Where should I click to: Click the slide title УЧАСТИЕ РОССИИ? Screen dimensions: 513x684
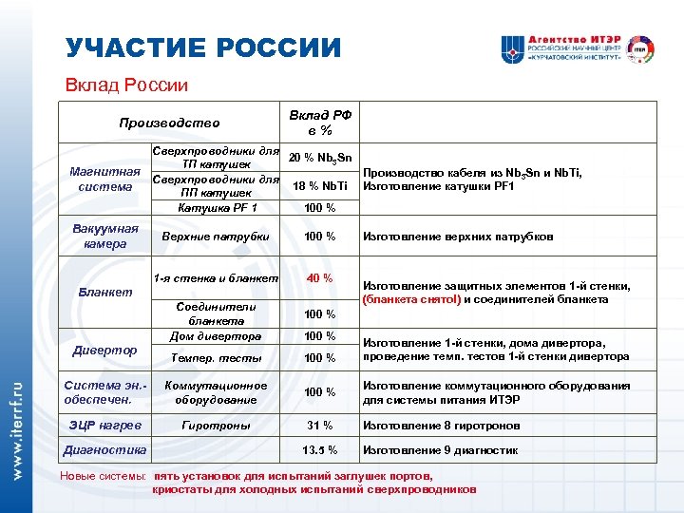(202, 47)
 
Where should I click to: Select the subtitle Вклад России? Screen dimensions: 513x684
(126, 85)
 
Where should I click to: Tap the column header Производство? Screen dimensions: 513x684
(169, 123)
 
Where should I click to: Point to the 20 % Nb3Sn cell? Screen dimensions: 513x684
(321, 157)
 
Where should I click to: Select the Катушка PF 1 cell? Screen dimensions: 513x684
(217, 208)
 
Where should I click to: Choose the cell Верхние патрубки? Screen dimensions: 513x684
(217, 236)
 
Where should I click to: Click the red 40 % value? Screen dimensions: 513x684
(319, 278)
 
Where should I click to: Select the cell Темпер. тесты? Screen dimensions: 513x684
(217, 358)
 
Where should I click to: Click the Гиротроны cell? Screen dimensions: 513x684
(217, 425)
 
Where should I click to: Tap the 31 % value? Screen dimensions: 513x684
(319, 425)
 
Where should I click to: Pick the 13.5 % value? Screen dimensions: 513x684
(319, 450)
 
